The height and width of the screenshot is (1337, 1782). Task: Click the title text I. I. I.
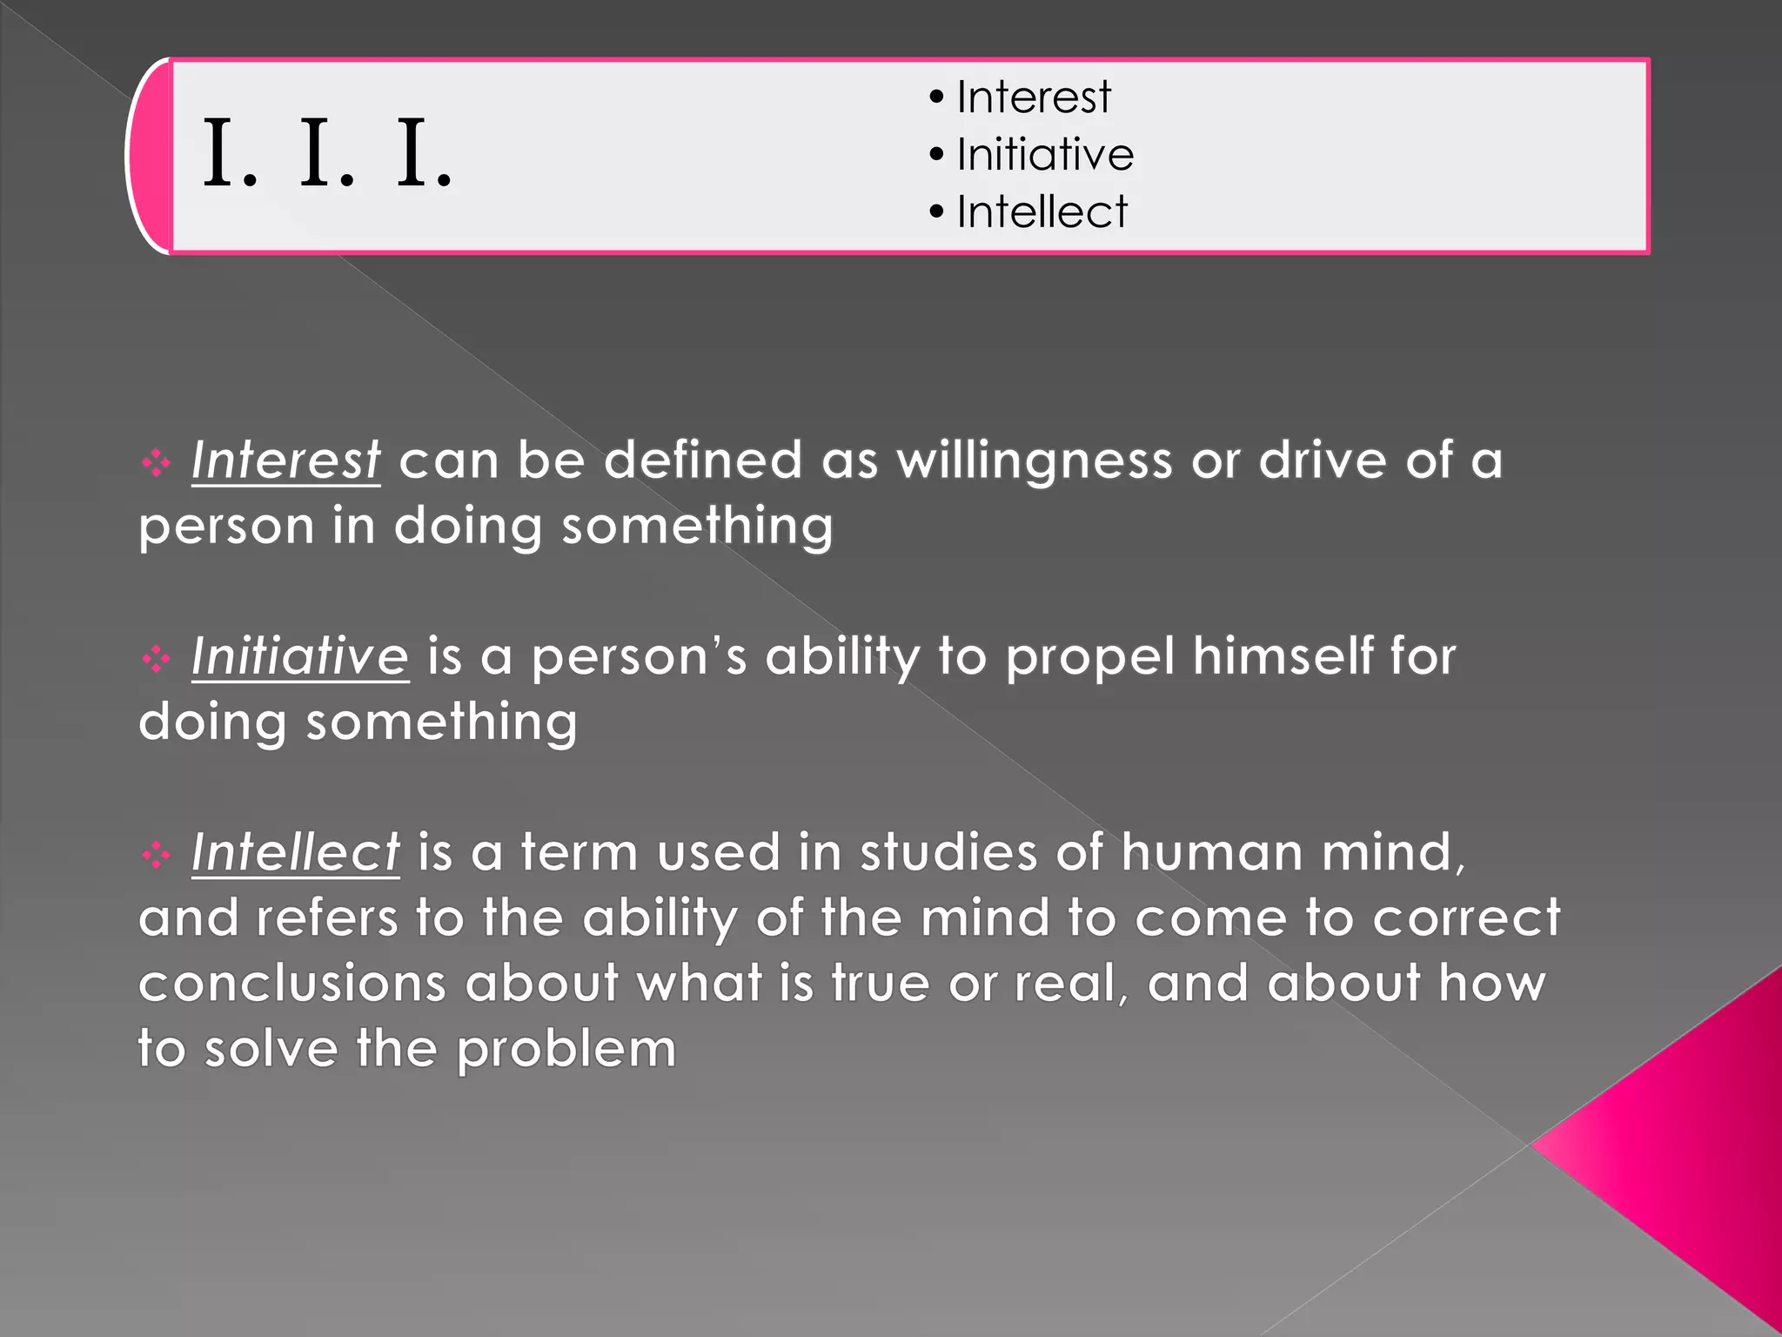pyautogui.click(x=327, y=155)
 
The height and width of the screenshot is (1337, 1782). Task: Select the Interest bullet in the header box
pyautogui.click(x=1033, y=97)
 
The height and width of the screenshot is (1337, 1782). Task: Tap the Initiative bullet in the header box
pyautogui.click(x=1044, y=154)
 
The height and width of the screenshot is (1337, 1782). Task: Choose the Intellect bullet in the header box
pyautogui.click(x=1042, y=212)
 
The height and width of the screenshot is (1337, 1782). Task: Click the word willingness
pyautogui.click(x=1035, y=461)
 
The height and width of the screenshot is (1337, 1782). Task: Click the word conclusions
pyautogui.click(x=292, y=983)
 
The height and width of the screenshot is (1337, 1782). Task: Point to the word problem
pyautogui.click(x=566, y=1050)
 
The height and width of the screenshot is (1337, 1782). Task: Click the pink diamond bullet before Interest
pyautogui.click(x=156, y=462)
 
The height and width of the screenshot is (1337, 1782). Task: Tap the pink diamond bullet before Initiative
pyautogui.click(x=156, y=658)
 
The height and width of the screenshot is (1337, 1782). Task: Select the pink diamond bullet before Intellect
pyautogui.click(x=156, y=855)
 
